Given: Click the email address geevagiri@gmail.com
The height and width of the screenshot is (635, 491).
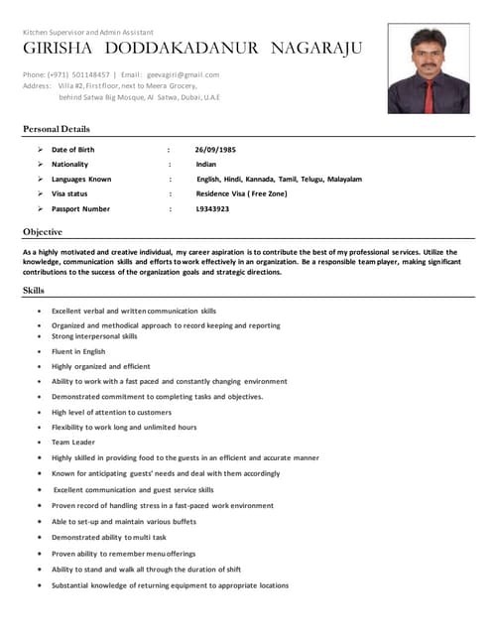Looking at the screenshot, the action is [x=184, y=74].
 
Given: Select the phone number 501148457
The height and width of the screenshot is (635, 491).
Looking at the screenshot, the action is [x=86, y=74].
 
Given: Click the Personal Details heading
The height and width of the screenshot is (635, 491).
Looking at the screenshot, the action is [x=56, y=129].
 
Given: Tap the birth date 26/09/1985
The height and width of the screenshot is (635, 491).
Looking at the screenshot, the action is [x=215, y=149].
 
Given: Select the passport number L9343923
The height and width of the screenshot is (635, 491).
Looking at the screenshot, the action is [x=212, y=209].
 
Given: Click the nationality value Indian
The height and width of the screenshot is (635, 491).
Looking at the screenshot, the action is [x=205, y=164].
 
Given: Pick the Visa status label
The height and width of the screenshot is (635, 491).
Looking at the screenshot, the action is [x=69, y=194].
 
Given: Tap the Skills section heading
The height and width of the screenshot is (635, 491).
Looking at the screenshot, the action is [x=34, y=290].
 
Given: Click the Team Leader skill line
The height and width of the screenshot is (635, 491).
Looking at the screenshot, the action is [x=73, y=442].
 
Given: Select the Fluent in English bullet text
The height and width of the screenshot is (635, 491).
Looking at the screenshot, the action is [x=78, y=351].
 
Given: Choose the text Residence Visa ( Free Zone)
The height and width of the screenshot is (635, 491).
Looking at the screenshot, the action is [x=242, y=194].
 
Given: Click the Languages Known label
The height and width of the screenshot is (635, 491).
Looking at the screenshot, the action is [x=81, y=180].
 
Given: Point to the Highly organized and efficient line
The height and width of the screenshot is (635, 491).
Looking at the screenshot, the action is [x=101, y=366].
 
